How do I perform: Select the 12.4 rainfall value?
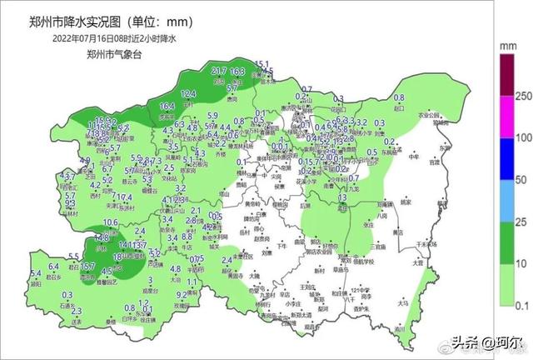coord(188,93)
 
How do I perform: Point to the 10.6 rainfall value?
coord(110,222)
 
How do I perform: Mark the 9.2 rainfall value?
coord(182,294)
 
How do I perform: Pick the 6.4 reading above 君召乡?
coord(54,266)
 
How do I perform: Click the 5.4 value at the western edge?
coord(36,274)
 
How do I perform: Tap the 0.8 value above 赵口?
coord(399,98)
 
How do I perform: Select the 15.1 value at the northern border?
coord(262,64)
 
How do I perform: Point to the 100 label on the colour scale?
coord(522,137)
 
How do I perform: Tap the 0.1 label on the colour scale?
coord(522,305)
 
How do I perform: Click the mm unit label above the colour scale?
coord(505,48)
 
